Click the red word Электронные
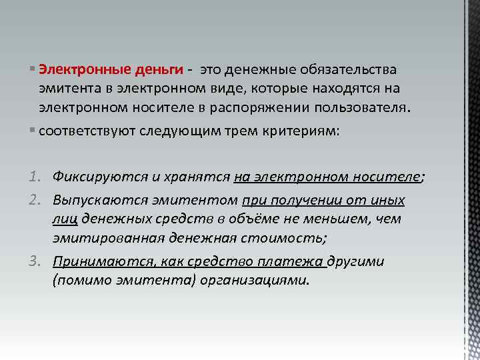(75, 70)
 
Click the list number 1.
(36, 177)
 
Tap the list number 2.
(36, 201)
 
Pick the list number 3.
(36, 261)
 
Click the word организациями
(264, 279)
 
